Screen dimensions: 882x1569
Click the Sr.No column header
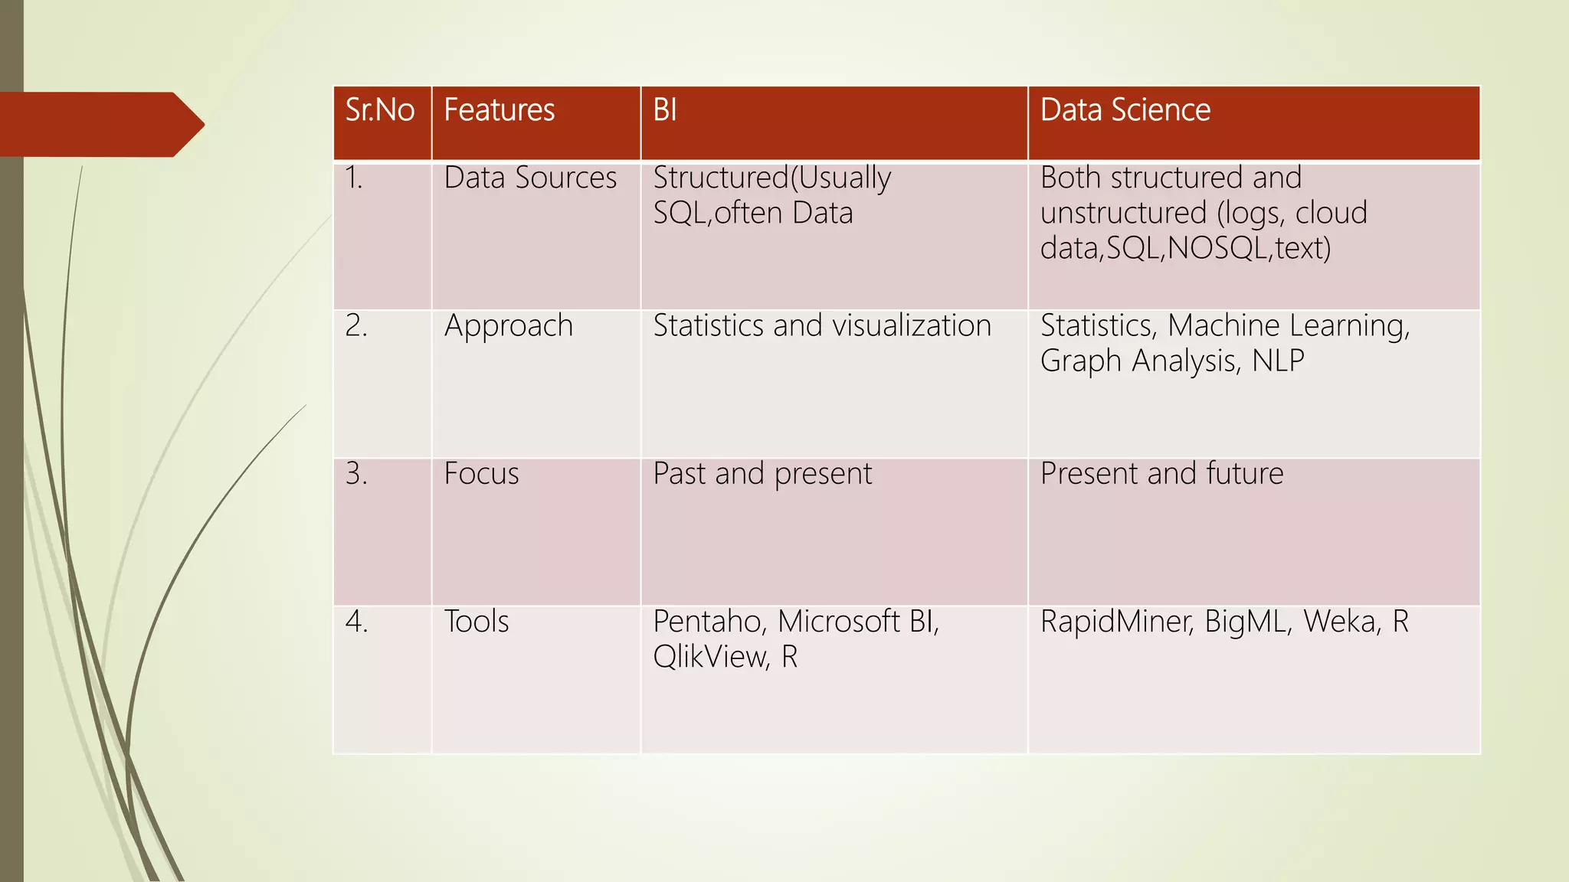pos(380,110)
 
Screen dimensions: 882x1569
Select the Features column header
pos(499,110)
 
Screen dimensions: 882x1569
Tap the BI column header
pos(665,110)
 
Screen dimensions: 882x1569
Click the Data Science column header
pos(1125,110)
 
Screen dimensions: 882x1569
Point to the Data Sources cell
pos(530,178)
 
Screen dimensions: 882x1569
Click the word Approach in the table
pos(509,326)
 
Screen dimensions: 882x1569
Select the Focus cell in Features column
pos(481,474)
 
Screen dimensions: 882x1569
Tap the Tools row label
pos(477,622)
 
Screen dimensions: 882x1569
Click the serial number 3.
pos(356,474)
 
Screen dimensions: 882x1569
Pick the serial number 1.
pos(353,178)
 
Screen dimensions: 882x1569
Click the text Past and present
pos(762,474)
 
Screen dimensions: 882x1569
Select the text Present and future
pos(1161,474)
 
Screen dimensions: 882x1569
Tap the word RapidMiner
pos(1116,622)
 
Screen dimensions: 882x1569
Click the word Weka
pos(1341,622)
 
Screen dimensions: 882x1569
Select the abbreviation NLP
pos(1278,361)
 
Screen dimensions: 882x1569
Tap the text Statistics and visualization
pos(822,326)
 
